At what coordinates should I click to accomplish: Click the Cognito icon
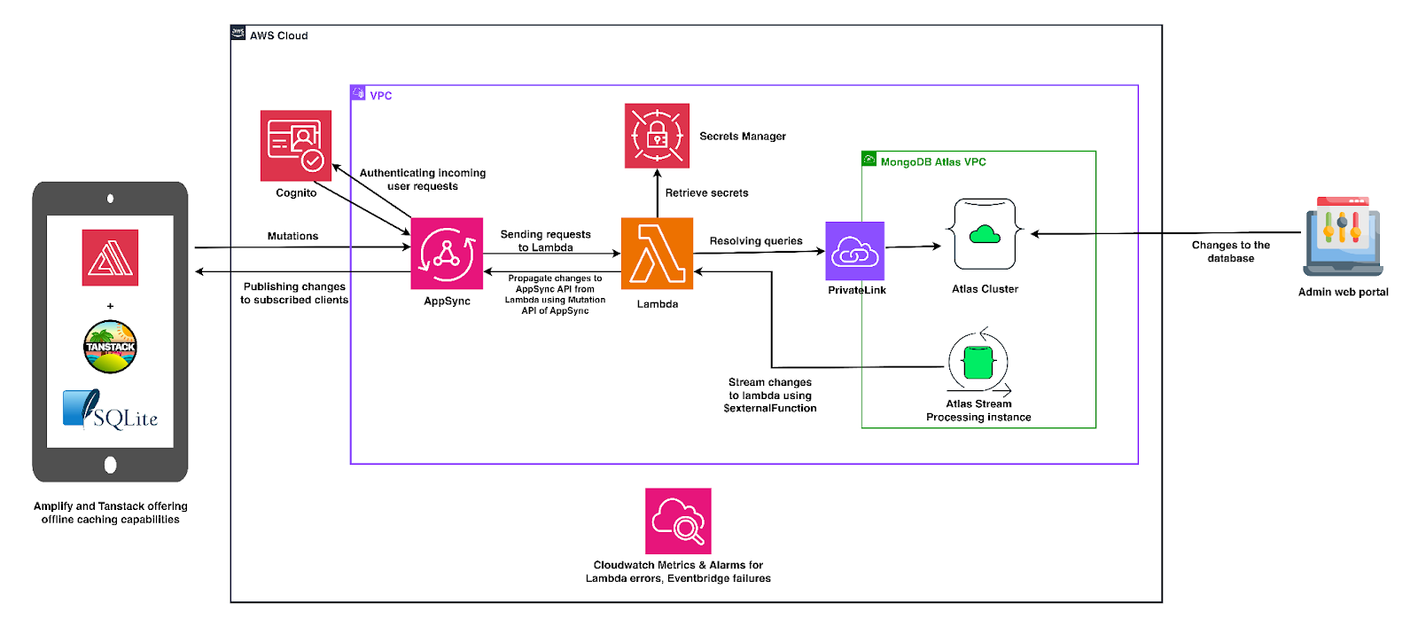[x=296, y=145]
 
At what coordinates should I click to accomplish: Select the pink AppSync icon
[x=447, y=254]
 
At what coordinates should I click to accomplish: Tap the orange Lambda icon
[x=657, y=254]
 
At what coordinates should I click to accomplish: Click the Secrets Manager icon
[x=657, y=136]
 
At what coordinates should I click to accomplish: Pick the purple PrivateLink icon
[x=855, y=251]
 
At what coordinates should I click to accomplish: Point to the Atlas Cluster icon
[x=985, y=234]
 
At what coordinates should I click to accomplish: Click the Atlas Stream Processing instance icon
[x=978, y=362]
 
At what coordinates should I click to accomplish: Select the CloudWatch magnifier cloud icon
[x=678, y=521]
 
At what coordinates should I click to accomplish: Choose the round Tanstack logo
[x=110, y=347]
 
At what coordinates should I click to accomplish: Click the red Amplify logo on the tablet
[x=110, y=258]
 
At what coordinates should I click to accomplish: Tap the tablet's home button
[x=110, y=465]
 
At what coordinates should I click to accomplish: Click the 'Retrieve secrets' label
[x=706, y=193]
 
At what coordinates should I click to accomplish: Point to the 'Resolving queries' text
[x=756, y=241]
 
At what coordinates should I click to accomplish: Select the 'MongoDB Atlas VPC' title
[x=932, y=162]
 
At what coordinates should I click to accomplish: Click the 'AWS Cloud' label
[x=278, y=36]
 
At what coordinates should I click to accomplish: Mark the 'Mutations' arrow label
[x=292, y=237]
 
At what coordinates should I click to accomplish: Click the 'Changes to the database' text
[x=1230, y=252]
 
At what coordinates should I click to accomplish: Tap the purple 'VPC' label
[x=380, y=96]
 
